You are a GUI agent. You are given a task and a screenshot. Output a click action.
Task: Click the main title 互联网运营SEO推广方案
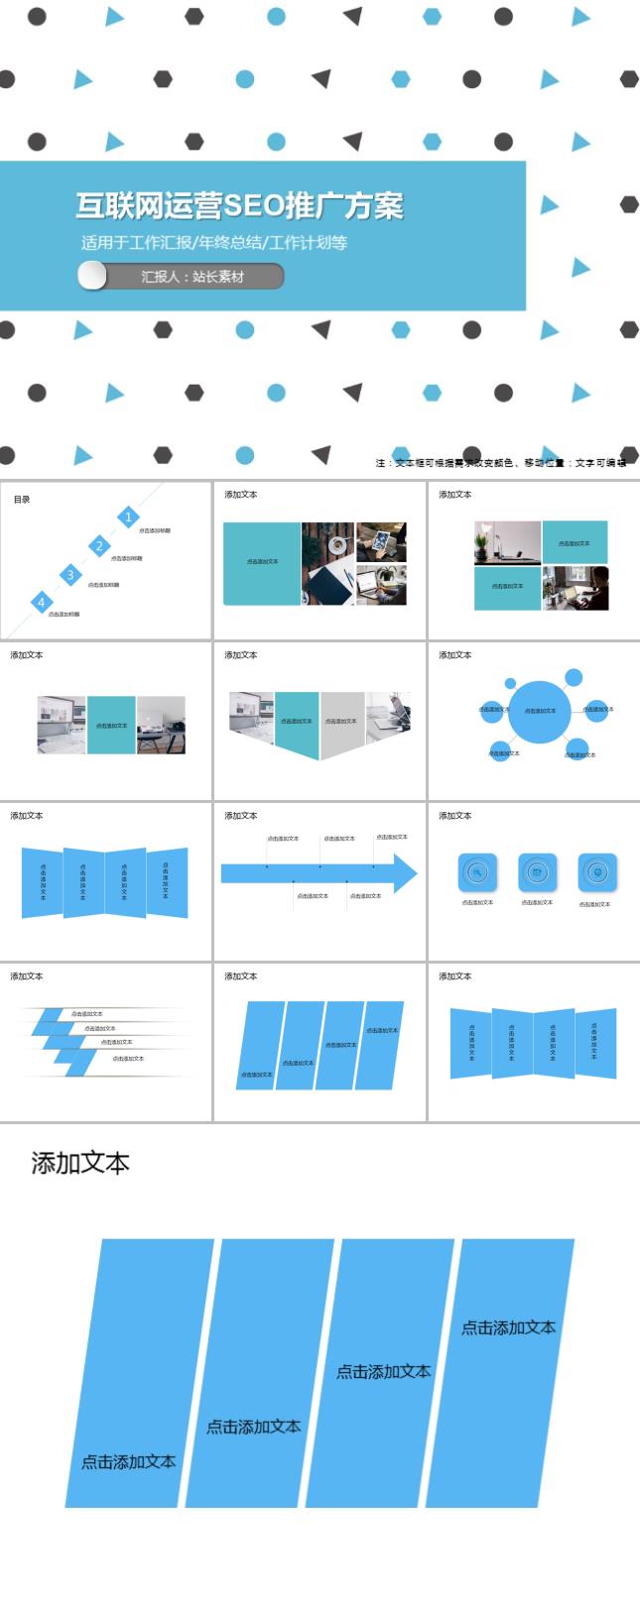click(x=239, y=205)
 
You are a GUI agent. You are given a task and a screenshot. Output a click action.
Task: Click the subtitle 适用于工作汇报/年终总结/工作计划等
click(x=214, y=242)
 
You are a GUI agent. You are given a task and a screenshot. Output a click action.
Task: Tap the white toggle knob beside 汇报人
click(x=92, y=276)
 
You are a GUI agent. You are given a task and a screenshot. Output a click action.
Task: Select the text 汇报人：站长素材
click(x=192, y=277)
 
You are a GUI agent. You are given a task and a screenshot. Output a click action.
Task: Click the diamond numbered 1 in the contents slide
click(x=128, y=516)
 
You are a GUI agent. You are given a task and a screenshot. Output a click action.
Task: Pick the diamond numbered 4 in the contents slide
click(x=42, y=602)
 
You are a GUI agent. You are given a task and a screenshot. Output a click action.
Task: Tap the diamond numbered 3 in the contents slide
click(x=69, y=575)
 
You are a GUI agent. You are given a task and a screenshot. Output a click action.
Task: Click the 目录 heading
click(x=22, y=499)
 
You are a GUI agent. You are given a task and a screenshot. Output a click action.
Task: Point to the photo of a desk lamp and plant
click(x=507, y=543)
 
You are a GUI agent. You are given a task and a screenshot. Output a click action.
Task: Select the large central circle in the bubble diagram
click(x=540, y=711)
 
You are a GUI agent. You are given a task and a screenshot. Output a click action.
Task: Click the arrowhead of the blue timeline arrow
click(x=405, y=873)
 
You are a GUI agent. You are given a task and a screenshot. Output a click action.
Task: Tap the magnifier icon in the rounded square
click(x=477, y=872)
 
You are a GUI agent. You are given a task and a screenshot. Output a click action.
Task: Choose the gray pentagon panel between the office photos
click(x=341, y=723)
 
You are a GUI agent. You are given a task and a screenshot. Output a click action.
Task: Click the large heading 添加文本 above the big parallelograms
click(x=80, y=1163)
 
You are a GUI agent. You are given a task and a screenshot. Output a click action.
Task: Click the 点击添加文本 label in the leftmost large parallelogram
click(x=129, y=1461)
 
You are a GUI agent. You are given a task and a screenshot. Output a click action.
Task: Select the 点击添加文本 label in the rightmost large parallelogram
click(x=508, y=1327)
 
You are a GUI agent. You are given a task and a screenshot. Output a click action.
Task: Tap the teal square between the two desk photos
click(x=111, y=725)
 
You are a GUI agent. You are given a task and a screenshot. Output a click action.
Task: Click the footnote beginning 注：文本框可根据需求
click(x=500, y=463)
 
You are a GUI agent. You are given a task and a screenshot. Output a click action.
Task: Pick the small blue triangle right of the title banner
click(x=550, y=205)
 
